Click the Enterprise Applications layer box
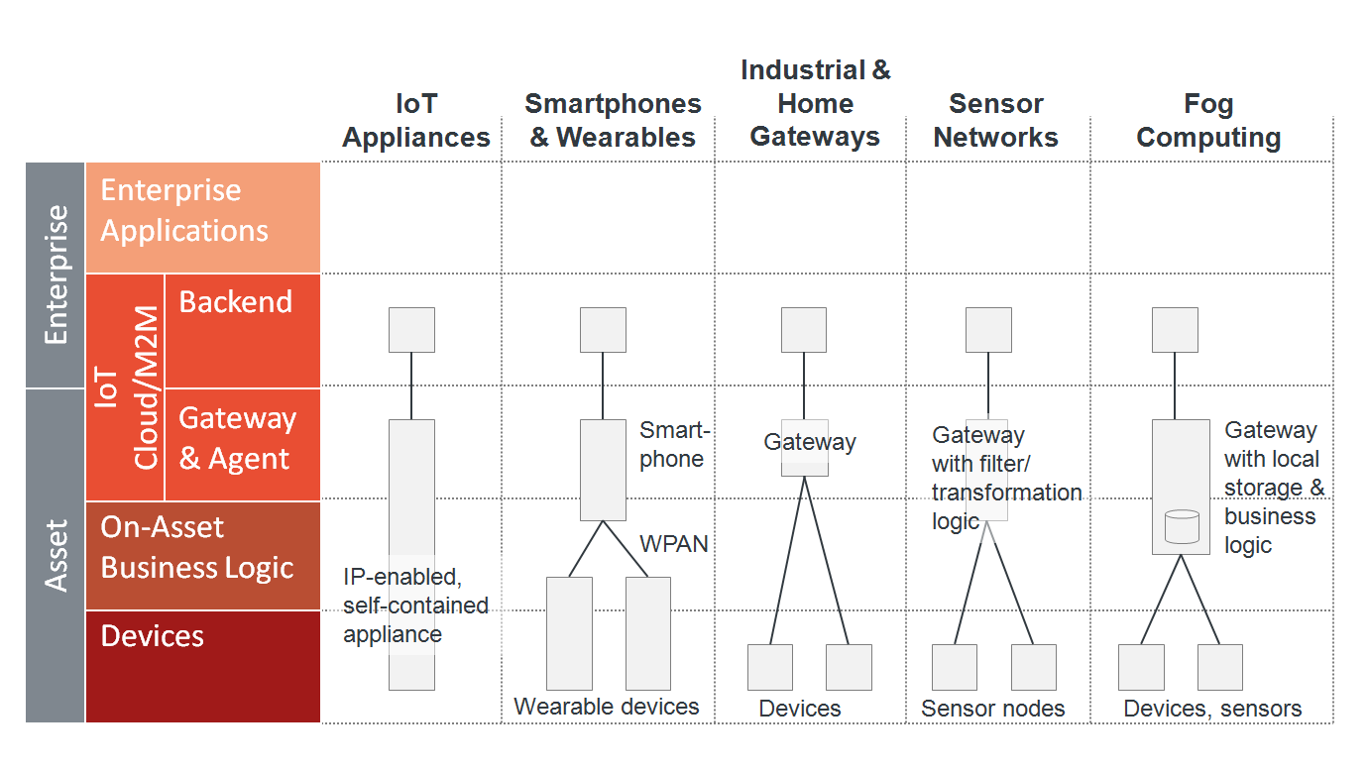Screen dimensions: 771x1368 [x=202, y=217]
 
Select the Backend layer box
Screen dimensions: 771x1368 [x=242, y=330]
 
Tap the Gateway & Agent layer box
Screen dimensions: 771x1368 [x=242, y=443]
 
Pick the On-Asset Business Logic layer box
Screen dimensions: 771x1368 [x=202, y=555]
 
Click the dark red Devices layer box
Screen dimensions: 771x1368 [x=202, y=666]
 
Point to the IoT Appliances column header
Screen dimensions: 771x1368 [x=416, y=121]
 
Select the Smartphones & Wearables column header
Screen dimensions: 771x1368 [x=613, y=121]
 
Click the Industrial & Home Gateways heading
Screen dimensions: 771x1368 [x=815, y=103]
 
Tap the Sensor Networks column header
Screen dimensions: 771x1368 [x=995, y=121]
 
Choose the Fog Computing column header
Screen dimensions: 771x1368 [x=1208, y=121]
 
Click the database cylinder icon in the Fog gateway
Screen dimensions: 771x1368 [x=1181, y=526]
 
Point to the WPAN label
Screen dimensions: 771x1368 [x=674, y=544]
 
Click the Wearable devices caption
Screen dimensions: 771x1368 [x=607, y=707]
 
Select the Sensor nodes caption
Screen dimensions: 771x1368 [x=992, y=709]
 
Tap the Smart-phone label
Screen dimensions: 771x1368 [x=673, y=445]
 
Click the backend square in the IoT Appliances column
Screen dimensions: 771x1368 [x=411, y=330]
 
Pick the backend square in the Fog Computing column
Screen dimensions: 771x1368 [x=1175, y=330]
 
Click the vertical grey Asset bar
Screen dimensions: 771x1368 [x=56, y=555]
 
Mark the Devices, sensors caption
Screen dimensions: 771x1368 [x=1212, y=709]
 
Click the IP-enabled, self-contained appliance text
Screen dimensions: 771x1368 [x=415, y=605]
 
